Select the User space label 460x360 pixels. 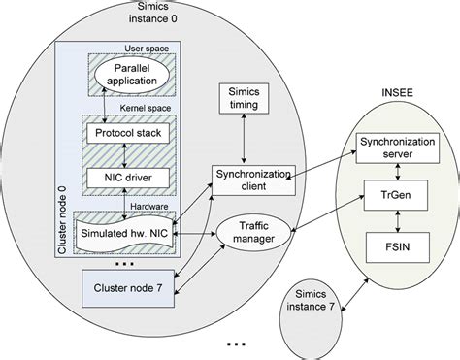coord(146,48)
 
